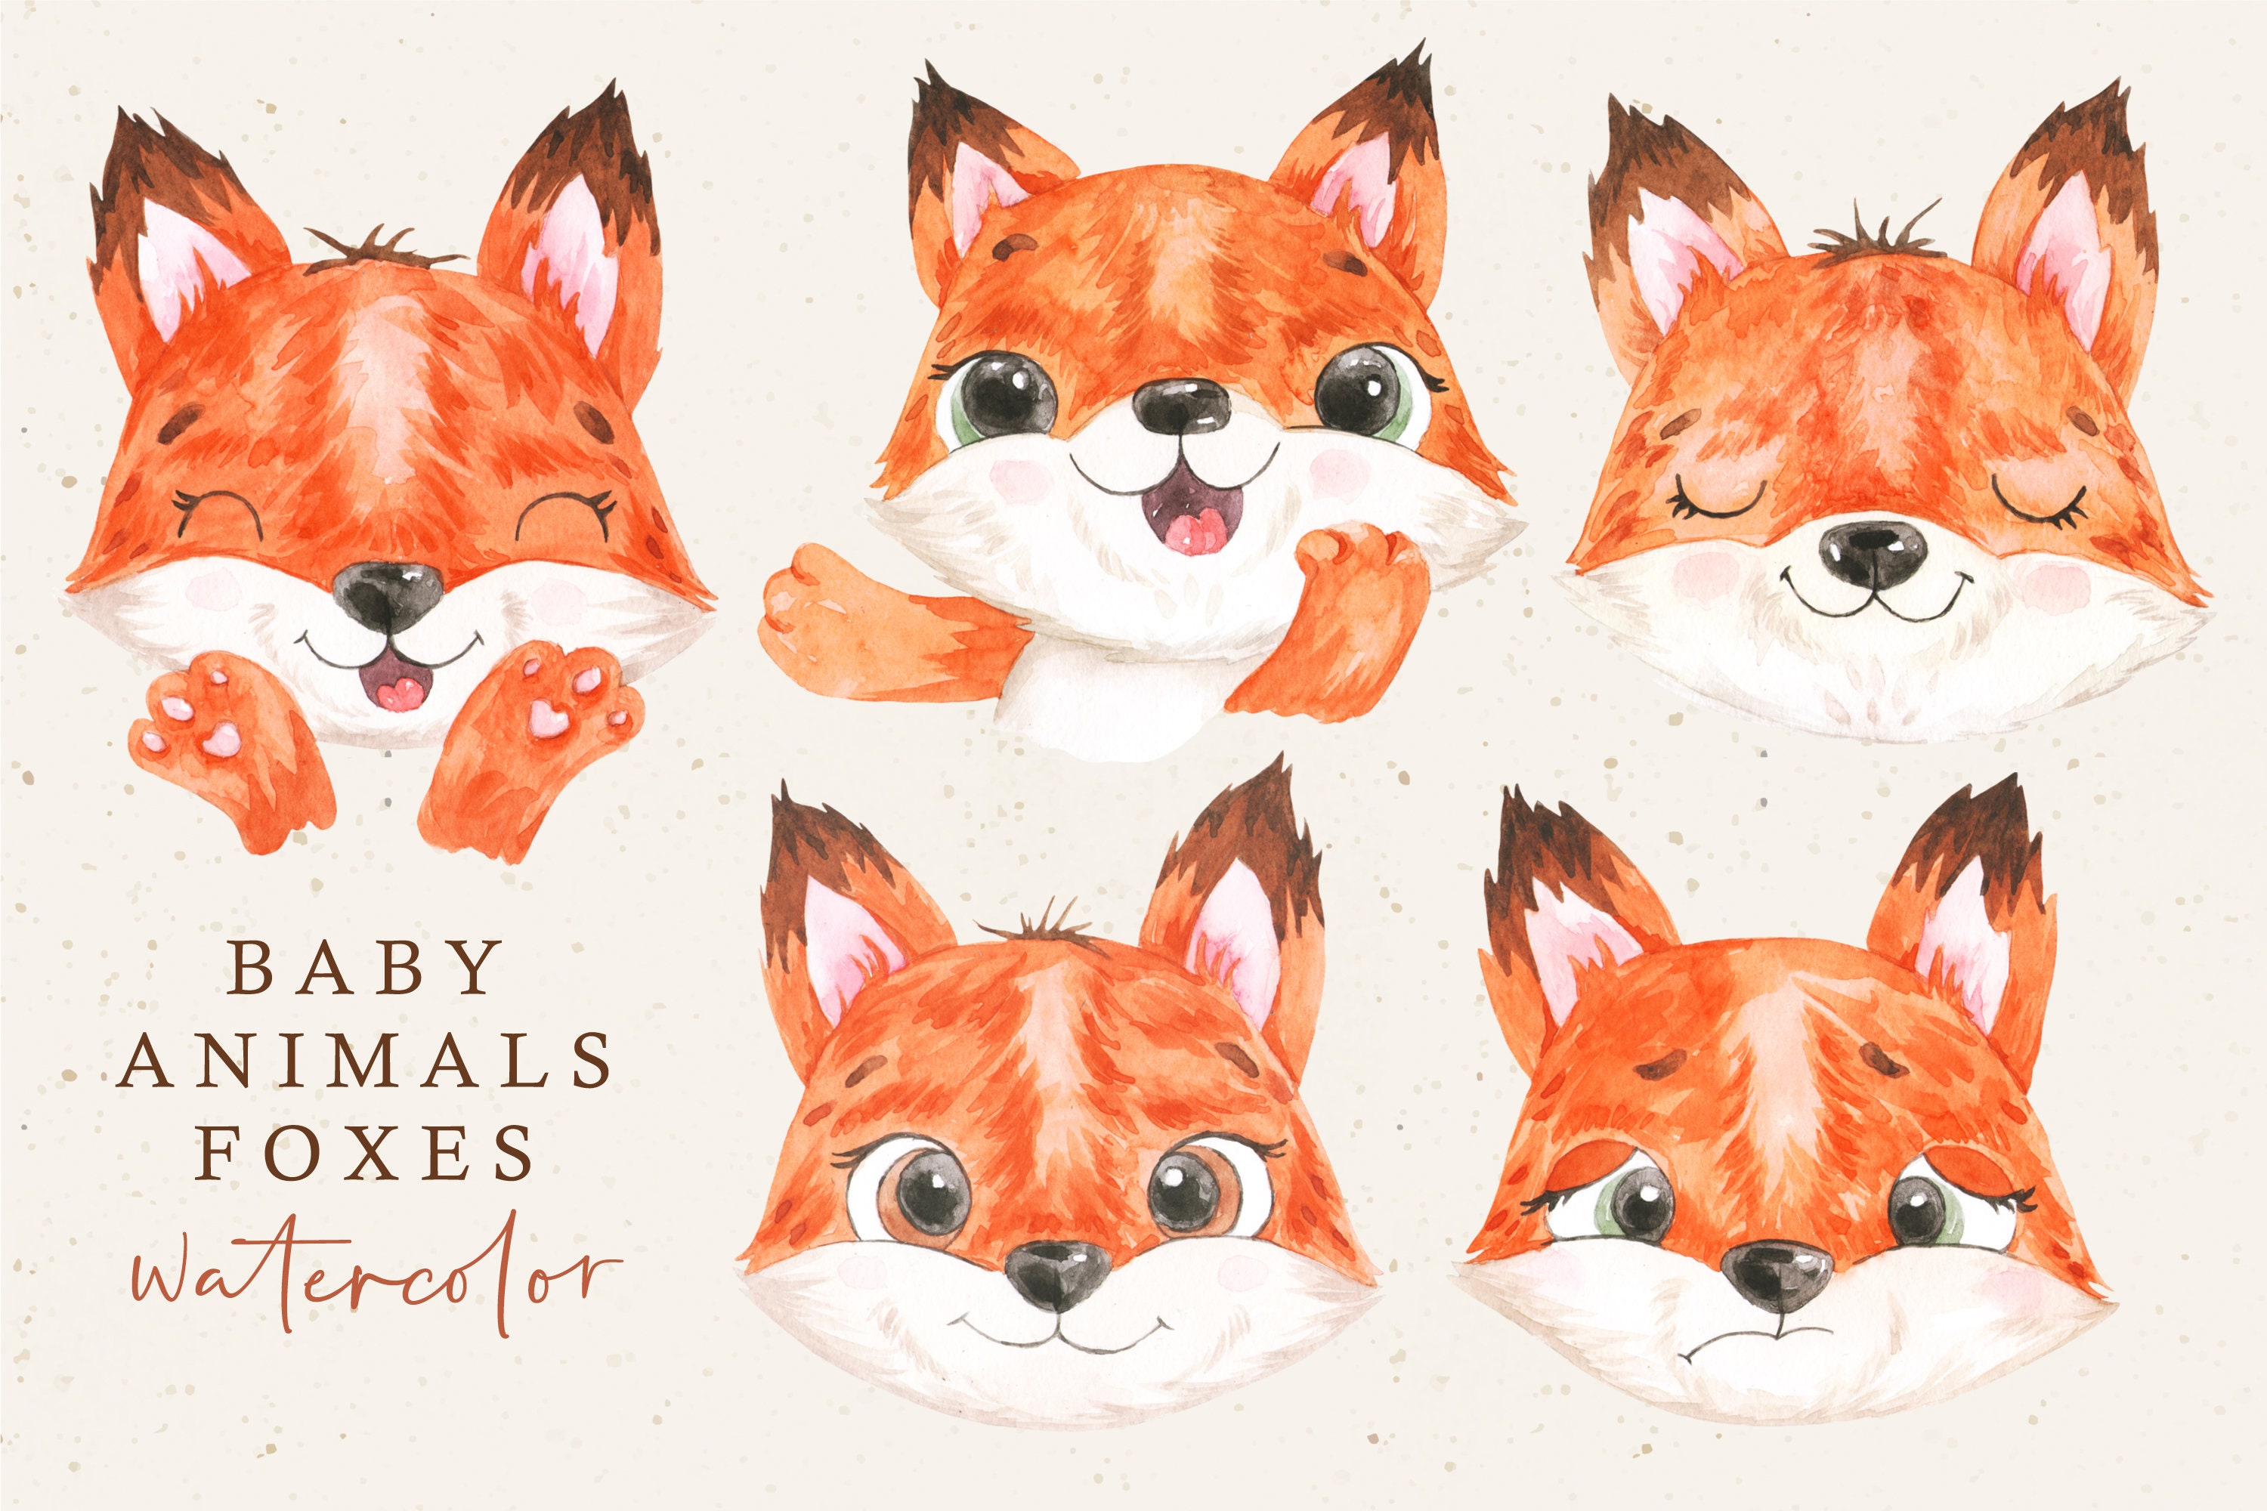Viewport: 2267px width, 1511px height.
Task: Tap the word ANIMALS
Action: tap(365, 1060)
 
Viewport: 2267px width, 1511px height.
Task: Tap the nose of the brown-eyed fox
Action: tap(1056, 1272)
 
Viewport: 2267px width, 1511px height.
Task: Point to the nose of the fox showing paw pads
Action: tap(388, 592)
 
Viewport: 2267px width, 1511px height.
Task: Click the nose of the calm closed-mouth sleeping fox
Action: tap(1872, 553)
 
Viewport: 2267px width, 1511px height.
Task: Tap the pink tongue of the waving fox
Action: tap(1193, 532)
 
